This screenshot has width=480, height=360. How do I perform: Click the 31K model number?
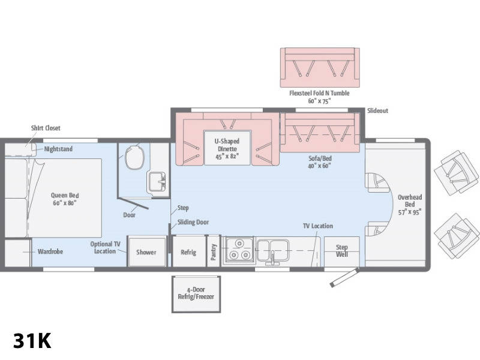(x=32, y=341)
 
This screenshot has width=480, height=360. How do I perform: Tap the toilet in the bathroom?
(x=134, y=157)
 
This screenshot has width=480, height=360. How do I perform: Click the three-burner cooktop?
(x=239, y=250)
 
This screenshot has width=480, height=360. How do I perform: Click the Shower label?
(x=146, y=252)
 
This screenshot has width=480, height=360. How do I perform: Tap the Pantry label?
(x=214, y=252)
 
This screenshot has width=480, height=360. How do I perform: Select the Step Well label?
(x=341, y=251)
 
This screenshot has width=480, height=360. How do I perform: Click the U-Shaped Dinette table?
(x=227, y=148)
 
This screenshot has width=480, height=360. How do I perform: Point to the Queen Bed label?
(x=65, y=199)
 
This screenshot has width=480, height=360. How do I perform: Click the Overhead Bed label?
(x=410, y=205)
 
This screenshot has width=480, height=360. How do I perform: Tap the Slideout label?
(x=377, y=111)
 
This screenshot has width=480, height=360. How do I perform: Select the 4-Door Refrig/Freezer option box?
(x=196, y=294)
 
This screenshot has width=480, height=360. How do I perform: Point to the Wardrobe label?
(x=50, y=251)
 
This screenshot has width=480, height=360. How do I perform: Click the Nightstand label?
(x=58, y=149)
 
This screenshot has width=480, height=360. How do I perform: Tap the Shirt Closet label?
(x=46, y=128)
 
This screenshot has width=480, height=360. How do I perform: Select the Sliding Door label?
(x=193, y=222)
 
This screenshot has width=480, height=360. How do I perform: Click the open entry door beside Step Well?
(x=344, y=277)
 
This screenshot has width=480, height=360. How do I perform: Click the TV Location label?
(x=318, y=226)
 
